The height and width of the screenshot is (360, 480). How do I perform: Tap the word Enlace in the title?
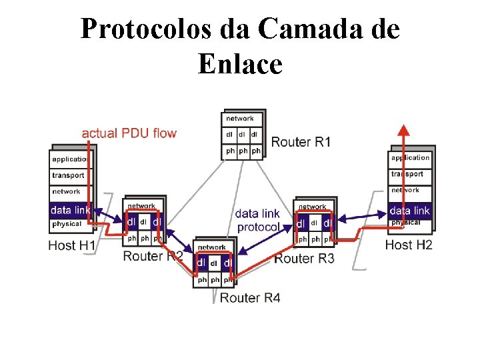point(240,65)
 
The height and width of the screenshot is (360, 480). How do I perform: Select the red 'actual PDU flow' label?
point(129,133)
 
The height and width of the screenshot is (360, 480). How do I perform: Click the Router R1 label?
point(301,141)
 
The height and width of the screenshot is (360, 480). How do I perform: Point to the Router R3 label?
point(304,258)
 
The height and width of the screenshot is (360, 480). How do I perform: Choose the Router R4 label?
point(250,297)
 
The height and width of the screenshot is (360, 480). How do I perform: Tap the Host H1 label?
point(72,245)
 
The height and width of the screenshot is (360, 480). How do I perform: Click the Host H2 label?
point(409,245)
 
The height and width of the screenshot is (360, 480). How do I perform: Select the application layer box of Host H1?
point(70,159)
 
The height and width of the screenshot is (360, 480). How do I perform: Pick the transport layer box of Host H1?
point(69,175)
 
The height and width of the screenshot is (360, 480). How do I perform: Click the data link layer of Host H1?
point(70,210)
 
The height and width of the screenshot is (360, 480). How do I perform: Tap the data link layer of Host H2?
point(410,211)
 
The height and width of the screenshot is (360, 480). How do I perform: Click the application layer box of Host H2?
point(410,158)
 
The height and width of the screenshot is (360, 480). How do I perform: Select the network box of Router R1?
point(240,119)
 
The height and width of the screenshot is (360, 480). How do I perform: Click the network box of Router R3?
point(313,207)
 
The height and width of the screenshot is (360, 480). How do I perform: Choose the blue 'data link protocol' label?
point(258,220)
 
